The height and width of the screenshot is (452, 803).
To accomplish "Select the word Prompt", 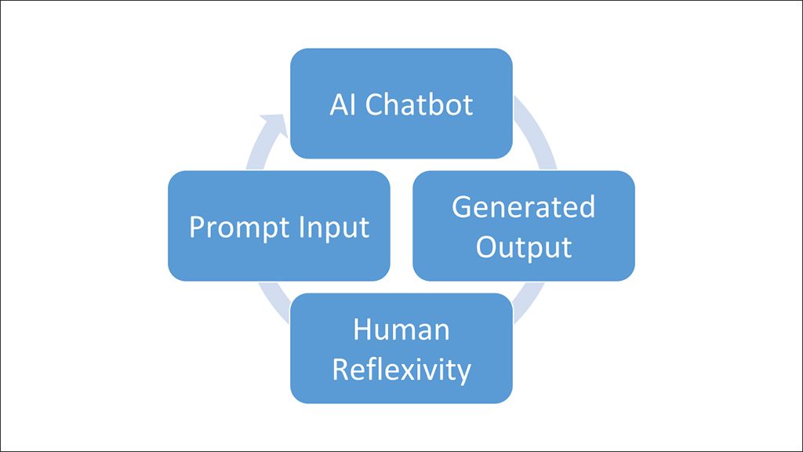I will pos(232,228).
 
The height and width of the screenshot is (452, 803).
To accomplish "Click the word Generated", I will pos(523,207).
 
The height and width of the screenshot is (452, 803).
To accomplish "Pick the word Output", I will pos(523,246).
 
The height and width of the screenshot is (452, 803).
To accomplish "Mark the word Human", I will pos(401,330).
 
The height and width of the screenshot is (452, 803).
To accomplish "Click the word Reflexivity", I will pos(401,369).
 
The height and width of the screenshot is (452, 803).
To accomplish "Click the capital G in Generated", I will pos(462,207).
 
